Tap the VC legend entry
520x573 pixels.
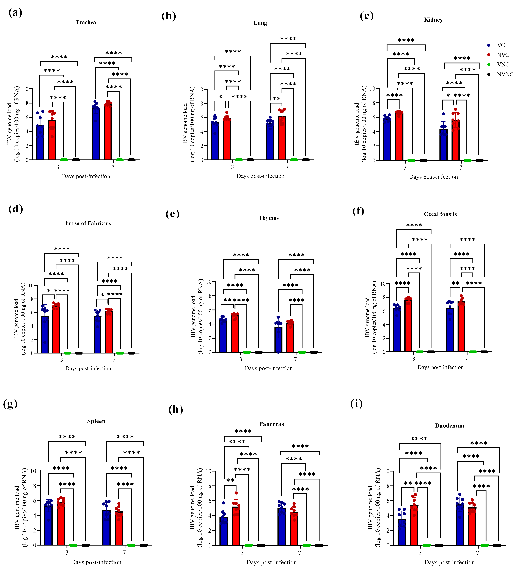(x=501, y=45)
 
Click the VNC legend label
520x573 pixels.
(x=503, y=65)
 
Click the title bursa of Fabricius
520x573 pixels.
(x=88, y=223)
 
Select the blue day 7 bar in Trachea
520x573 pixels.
(x=96, y=134)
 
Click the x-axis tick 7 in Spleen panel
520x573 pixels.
(x=124, y=553)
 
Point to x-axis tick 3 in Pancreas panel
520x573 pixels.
(x=242, y=553)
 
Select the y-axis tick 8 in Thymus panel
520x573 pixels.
(x=209, y=296)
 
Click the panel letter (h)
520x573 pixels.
(x=175, y=409)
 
